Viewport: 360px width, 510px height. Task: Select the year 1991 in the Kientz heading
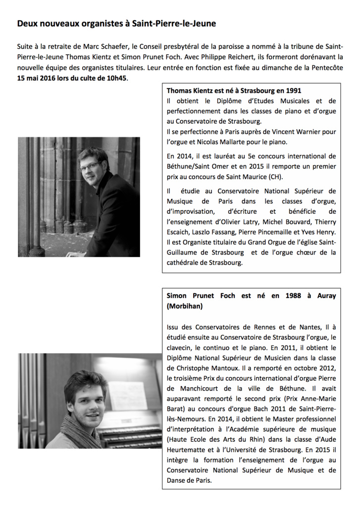click(x=292, y=91)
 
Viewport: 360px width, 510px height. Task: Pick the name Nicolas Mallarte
click(x=239, y=142)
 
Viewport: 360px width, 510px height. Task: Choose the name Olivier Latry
click(x=239, y=222)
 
